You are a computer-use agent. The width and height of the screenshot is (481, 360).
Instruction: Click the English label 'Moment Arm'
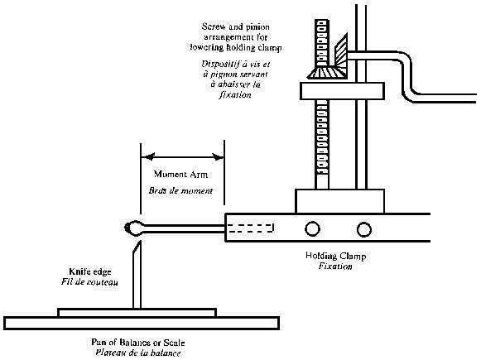[x=181, y=175]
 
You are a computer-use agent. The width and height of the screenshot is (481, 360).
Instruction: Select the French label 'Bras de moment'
[x=181, y=190]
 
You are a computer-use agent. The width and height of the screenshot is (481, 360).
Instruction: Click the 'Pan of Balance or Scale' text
[x=138, y=342]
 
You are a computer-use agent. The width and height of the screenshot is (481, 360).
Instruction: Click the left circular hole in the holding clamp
[x=312, y=228]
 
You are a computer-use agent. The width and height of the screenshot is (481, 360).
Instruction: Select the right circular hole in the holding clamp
[x=363, y=228]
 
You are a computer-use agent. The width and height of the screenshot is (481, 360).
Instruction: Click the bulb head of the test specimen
[x=131, y=226]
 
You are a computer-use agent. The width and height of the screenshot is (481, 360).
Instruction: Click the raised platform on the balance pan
[x=137, y=312]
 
